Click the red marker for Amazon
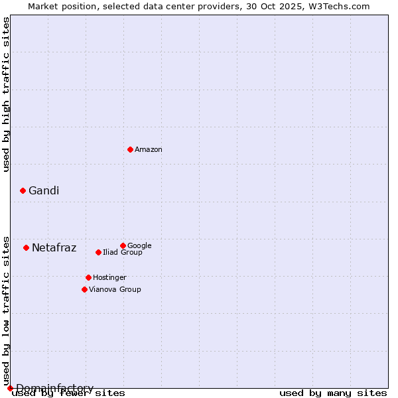[x=130, y=149]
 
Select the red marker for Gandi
[x=23, y=190]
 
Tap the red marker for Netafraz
[x=26, y=247]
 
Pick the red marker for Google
[x=123, y=245]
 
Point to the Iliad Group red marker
[x=98, y=252]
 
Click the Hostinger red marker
[x=88, y=277]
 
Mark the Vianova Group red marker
[x=84, y=289]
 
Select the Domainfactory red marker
[x=10, y=388]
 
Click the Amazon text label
[x=149, y=150]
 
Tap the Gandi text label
[x=44, y=191]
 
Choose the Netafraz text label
[x=54, y=248]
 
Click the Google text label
[x=139, y=245]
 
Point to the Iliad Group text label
[x=123, y=252]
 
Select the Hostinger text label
[x=109, y=277]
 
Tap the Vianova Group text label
[x=115, y=289]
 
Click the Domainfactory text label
[x=55, y=388]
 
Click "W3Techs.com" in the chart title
[x=342, y=6]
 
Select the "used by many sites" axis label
[x=333, y=393]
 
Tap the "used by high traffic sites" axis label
[x=6, y=94]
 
